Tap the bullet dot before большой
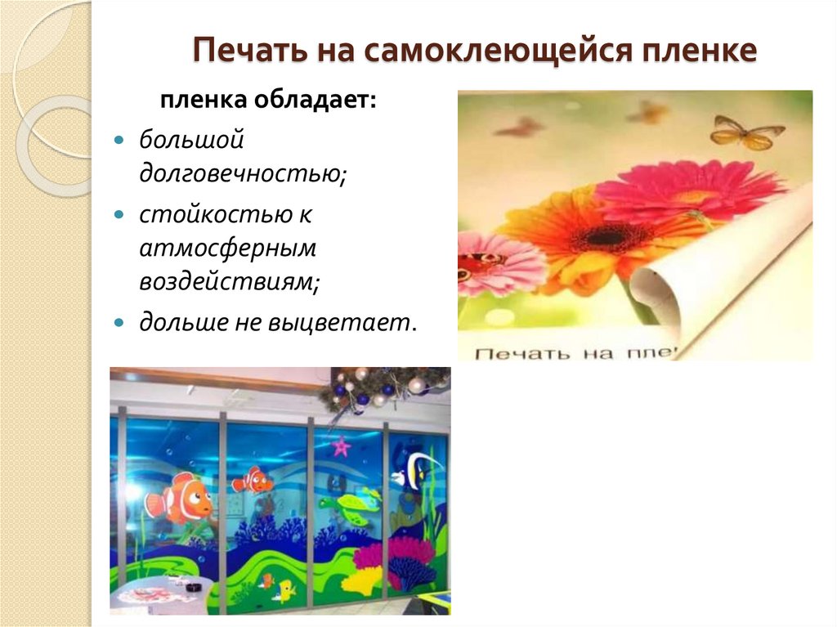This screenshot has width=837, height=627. [119, 140]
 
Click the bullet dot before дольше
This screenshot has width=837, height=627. [119, 321]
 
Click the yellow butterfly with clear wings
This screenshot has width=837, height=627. [745, 132]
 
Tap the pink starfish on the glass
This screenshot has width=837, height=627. [341, 446]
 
